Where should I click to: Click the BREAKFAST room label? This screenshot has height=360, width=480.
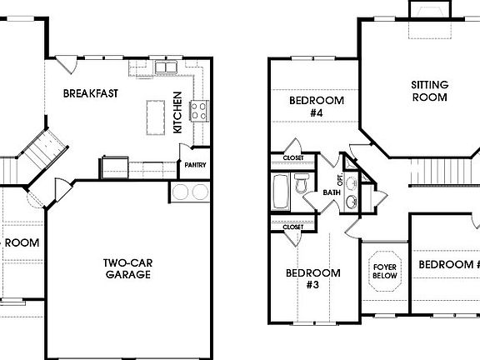coord(94,93)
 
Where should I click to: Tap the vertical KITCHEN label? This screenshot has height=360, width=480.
coord(177,112)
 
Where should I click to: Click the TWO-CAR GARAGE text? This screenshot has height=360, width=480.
coord(127,268)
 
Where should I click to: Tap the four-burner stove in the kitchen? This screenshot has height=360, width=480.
coord(198,111)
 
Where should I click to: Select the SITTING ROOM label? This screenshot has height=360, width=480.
coord(429,91)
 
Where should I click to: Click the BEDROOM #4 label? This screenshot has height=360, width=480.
coord(316,107)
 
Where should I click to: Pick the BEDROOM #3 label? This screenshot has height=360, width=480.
coord(313,278)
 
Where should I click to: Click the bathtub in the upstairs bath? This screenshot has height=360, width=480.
coord(281,193)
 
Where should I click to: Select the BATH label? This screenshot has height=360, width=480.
coord(332,193)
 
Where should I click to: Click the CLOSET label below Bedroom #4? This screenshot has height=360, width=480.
coord(292,157)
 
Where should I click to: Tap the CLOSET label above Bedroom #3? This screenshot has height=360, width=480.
coord(292,226)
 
